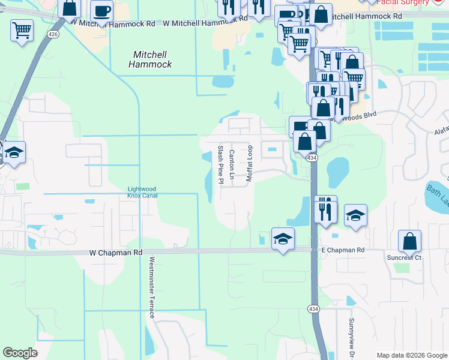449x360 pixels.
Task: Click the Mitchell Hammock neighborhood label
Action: click(152, 59)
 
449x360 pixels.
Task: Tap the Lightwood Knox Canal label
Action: click(142, 192)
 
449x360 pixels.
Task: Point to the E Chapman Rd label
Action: click(343, 250)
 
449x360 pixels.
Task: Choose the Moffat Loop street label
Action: click(250, 163)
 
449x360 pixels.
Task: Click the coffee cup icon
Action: click(101, 10)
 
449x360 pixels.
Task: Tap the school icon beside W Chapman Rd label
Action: click(283, 239)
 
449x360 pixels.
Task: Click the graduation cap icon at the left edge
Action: click(14, 152)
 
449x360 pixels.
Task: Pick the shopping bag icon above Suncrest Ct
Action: click(409, 241)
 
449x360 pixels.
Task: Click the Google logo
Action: click(20, 353)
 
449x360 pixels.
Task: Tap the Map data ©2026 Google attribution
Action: click(411, 355)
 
